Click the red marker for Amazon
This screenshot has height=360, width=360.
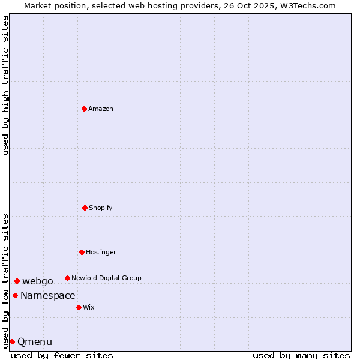[84, 109]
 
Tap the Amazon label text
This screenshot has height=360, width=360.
[101, 109]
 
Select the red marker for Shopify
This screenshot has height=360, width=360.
[85, 208]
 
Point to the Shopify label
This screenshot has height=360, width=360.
[101, 208]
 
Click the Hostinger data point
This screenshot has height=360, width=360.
[82, 252]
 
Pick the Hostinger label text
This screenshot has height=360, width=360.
[101, 253]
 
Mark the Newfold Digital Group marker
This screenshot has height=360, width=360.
[67, 278]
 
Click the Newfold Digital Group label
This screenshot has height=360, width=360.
[106, 278]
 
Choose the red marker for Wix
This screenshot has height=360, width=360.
[79, 307]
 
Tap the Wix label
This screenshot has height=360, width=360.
[89, 308]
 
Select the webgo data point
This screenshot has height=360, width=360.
[17, 281]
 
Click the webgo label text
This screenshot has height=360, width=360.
[38, 281]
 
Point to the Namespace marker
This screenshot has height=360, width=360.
[15, 295]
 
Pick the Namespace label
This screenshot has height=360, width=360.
[48, 296]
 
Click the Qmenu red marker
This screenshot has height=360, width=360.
[12, 341]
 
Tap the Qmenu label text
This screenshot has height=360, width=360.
[35, 342]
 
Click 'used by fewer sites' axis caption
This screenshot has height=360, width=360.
[62, 355]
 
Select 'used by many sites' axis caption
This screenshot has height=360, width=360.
[301, 355]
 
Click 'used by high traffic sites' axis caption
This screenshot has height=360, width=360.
[5, 85]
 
